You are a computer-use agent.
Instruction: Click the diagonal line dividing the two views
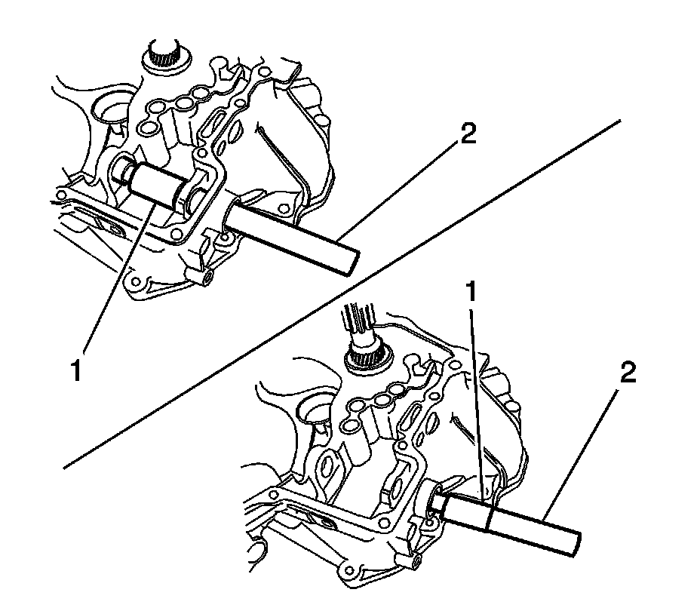point(339,294)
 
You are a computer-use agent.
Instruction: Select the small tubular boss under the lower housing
point(416,561)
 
